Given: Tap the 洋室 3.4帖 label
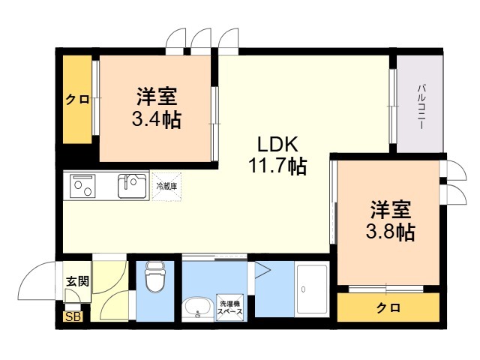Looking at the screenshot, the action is pos(157,107).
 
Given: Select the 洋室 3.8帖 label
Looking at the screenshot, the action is pos(391,220).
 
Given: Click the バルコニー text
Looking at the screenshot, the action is pos(421,106).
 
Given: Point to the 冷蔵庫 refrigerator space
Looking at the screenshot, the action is pos(166,187).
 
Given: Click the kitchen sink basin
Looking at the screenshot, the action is pos(132,186).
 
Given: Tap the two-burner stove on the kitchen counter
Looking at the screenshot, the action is pos(82,186).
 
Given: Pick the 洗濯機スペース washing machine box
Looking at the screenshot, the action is pos(230,307).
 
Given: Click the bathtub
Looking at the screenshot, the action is pos(312,289).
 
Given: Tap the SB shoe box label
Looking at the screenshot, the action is pos(73,316).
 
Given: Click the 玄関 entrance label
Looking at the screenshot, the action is pos(78,280).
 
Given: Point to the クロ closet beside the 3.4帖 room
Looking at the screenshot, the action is pos(77,100).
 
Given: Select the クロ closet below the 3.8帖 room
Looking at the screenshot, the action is pos(388,307).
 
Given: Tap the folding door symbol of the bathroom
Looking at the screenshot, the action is pos(262,270).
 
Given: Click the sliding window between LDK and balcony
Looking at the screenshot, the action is pos(393,106).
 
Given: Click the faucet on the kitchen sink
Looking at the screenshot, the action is pos(125,182).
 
